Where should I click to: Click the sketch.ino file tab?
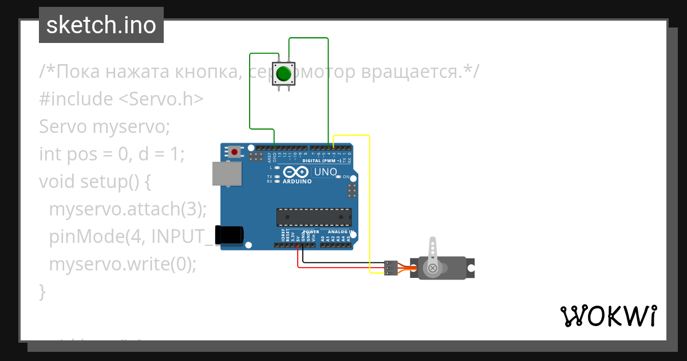[101, 25]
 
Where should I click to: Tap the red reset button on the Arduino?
[234, 152]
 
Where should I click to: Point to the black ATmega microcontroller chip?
[314, 218]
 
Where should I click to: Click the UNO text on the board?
[326, 172]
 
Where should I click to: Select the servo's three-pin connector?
[391, 268]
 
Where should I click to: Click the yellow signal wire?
[370, 201]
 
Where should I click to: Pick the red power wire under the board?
[332, 268]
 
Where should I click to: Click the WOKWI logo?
[608, 316]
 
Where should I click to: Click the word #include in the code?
[76, 99]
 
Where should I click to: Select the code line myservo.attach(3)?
[128, 209]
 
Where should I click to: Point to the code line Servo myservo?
[105, 126]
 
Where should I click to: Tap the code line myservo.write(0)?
[123, 264]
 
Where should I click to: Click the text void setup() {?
[95, 182]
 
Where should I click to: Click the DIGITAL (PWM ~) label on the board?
[321, 161]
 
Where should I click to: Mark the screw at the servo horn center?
[433, 268]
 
